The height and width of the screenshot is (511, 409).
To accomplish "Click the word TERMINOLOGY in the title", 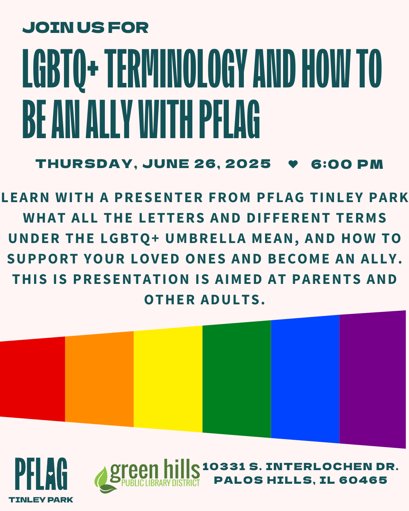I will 176,69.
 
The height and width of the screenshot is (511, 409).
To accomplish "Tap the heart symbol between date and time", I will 293,164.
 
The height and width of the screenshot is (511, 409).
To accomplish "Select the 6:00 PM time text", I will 347,164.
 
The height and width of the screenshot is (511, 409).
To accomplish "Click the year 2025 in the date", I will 248,164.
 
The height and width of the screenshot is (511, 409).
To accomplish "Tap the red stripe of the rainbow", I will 32,379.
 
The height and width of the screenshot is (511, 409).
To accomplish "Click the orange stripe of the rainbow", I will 99,379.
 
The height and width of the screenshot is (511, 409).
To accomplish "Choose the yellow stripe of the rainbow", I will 168,379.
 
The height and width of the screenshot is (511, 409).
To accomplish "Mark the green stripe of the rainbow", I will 237,379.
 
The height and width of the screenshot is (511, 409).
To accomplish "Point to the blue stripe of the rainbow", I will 305,379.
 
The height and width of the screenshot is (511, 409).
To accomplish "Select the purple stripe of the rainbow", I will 373,379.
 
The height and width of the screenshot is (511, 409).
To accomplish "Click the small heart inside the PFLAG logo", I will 50,473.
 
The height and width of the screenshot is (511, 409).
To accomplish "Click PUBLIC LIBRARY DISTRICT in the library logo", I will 161,483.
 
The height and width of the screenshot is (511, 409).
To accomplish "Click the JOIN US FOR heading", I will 86,28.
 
